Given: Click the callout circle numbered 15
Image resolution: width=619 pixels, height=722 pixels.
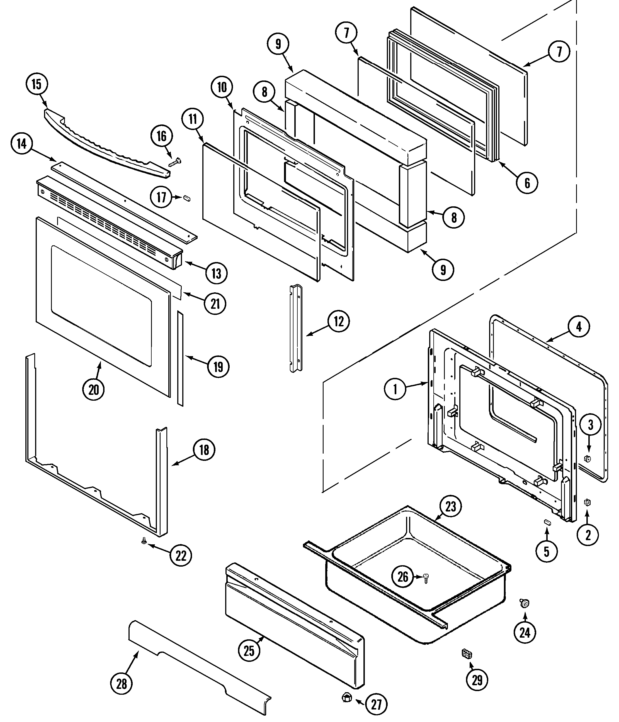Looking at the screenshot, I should [37, 84].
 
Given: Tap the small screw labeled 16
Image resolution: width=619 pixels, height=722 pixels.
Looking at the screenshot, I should [173, 162].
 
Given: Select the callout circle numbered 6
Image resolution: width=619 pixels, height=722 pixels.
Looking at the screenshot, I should [527, 183].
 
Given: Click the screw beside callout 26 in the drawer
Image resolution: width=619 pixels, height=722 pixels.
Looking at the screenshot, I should [426, 578].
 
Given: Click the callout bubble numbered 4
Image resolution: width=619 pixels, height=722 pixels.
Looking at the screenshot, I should [579, 327].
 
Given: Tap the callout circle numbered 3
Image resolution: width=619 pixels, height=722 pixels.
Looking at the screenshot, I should [590, 425].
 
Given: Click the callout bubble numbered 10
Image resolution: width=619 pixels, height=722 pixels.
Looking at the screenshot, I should [222, 87].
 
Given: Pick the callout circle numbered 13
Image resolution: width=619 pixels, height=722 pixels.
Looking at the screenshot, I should [216, 273].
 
